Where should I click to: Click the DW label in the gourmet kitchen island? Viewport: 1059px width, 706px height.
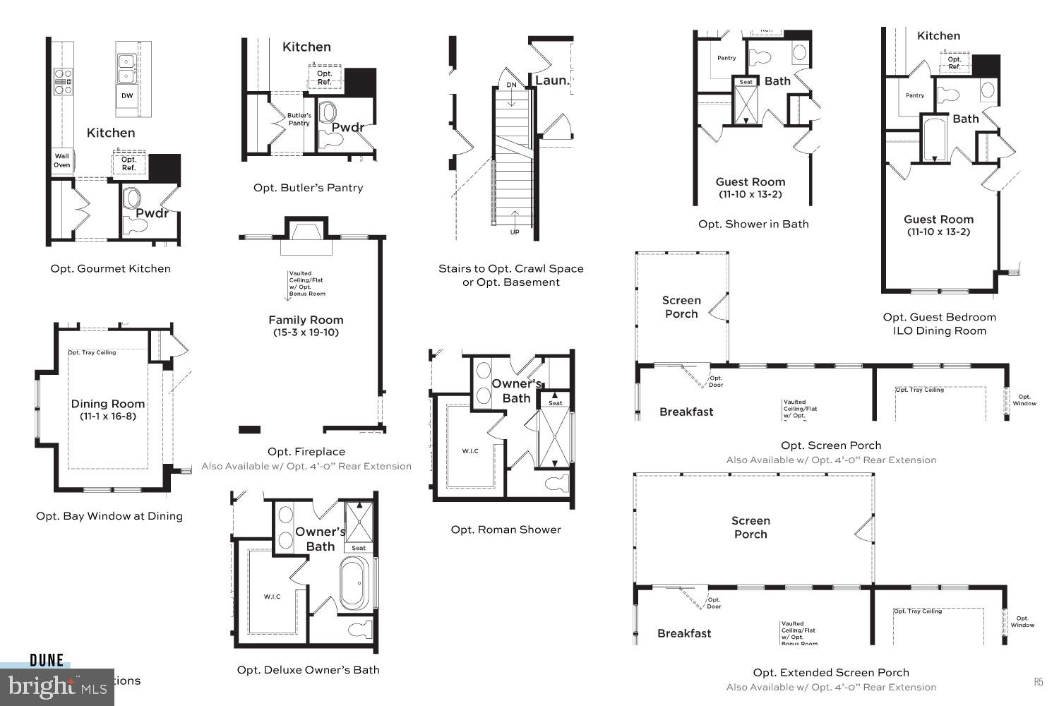(x=127, y=96)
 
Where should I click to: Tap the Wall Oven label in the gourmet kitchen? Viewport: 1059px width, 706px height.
(x=62, y=161)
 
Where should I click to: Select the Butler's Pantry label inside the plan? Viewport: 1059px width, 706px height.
(x=299, y=119)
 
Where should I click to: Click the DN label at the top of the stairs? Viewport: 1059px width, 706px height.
(x=511, y=85)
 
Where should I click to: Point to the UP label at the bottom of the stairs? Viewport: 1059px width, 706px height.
(x=515, y=232)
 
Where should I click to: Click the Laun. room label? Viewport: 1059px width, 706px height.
(x=552, y=80)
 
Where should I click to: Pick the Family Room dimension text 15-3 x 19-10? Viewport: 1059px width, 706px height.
(x=306, y=333)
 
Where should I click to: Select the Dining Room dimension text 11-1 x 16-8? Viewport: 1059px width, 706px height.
(x=108, y=417)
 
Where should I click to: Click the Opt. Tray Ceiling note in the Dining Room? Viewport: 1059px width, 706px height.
(x=92, y=353)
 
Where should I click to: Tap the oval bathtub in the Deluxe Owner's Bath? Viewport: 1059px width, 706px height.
(x=356, y=584)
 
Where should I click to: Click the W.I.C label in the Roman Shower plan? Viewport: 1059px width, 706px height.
(x=470, y=451)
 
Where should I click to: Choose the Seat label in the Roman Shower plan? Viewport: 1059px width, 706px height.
(x=556, y=403)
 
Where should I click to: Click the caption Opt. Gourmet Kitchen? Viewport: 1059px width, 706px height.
(x=110, y=268)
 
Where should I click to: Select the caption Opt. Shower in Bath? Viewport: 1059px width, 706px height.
(x=753, y=224)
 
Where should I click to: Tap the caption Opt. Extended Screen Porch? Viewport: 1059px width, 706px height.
(x=831, y=673)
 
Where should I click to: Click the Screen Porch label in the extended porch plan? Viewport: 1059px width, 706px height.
(x=750, y=527)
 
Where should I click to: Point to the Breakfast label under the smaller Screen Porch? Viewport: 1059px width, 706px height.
(x=686, y=412)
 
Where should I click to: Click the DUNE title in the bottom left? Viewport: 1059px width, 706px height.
(x=47, y=661)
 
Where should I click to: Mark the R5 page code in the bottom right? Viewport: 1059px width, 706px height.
(x=1039, y=682)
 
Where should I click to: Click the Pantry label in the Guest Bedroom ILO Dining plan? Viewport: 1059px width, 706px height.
(x=915, y=95)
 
